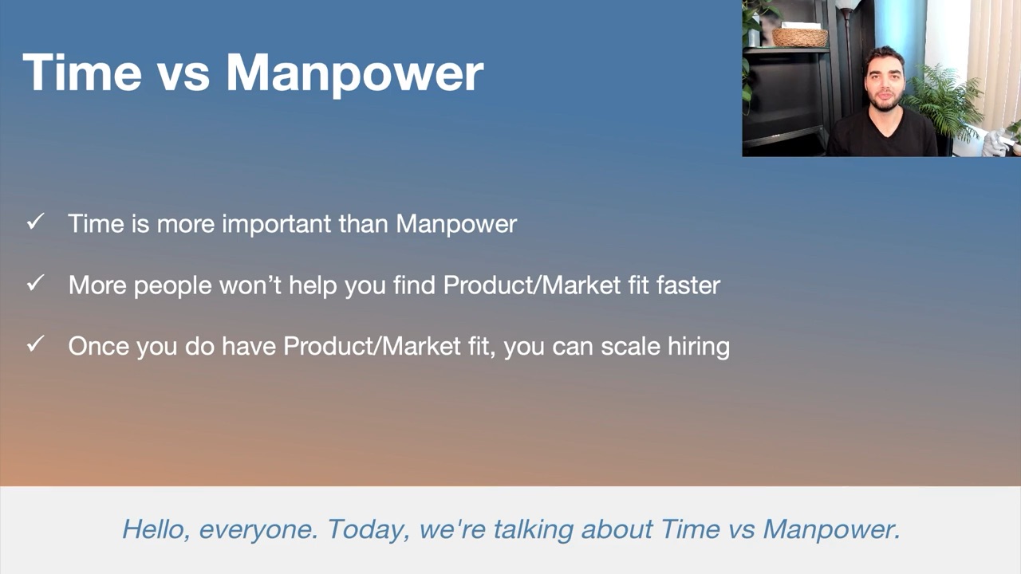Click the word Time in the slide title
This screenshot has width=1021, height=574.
82,73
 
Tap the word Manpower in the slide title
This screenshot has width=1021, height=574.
355,76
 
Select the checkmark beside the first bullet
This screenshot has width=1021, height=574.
35,222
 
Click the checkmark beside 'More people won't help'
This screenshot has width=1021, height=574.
35,283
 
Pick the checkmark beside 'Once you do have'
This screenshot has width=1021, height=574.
35,344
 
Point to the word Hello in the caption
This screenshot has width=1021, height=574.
156,530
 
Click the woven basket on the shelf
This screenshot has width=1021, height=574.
800,37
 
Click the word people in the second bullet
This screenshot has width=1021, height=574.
173,286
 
